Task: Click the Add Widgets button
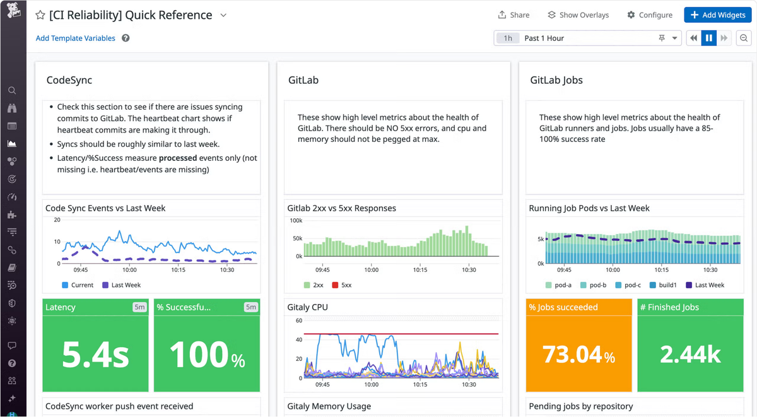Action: [718, 15]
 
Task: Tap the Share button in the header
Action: [513, 15]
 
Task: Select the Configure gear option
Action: [650, 15]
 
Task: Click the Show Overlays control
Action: [578, 15]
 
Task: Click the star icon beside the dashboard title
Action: [40, 15]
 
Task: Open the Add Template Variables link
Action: [75, 38]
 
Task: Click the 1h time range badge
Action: [508, 38]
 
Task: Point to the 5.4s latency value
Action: [95, 354]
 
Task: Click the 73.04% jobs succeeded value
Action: [578, 355]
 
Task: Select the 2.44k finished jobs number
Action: [690, 354]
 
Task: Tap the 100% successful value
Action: [207, 354]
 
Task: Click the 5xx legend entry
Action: [342, 285]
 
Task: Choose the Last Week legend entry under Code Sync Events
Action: [121, 285]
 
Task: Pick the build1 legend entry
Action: [663, 285]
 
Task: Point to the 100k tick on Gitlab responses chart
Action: [296, 221]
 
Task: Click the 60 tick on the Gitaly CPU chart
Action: [299, 320]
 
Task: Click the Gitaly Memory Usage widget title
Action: [329, 406]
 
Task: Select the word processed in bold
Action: [178, 158]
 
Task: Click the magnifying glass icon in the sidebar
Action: [12, 91]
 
